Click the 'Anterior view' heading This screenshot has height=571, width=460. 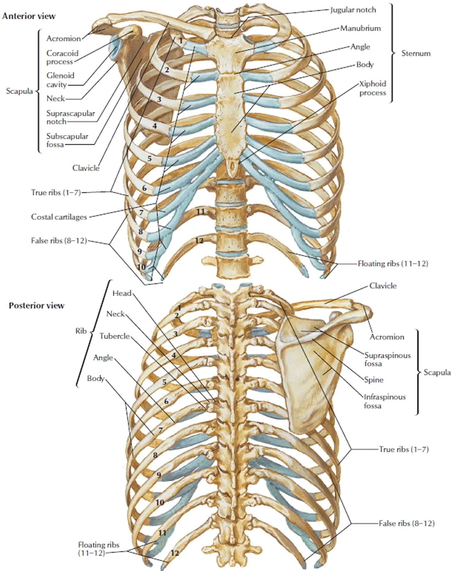tap(29, 16)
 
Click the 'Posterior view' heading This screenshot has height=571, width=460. tap(36, 305)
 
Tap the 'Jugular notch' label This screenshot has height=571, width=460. tap(353, 10)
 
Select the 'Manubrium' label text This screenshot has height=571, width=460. tap(360, 28)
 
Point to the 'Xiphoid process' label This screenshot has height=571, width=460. tap(372, 88)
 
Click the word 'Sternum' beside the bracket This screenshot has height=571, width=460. tap(416, 54)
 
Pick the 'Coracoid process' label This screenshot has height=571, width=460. tap(62, 58)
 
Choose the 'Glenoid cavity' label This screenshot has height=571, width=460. tap(60, 80)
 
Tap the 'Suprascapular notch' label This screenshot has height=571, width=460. tap(70, 117)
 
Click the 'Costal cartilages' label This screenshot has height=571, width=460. tap(59, 217)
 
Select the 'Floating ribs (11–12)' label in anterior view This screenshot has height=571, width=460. tap(393, 264)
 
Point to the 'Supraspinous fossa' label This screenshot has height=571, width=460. tap(387, 359)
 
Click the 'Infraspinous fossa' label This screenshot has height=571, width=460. tap(384, 401)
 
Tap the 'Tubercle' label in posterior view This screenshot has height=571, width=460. tap(115, 336)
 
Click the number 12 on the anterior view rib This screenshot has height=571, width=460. tap(199, 241)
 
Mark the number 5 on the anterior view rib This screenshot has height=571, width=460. tap(149, 159)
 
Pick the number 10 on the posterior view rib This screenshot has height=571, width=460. tap(160, 502)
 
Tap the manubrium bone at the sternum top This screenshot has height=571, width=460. tap(225, 49)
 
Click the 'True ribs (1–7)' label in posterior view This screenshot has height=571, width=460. tap(403, 449)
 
